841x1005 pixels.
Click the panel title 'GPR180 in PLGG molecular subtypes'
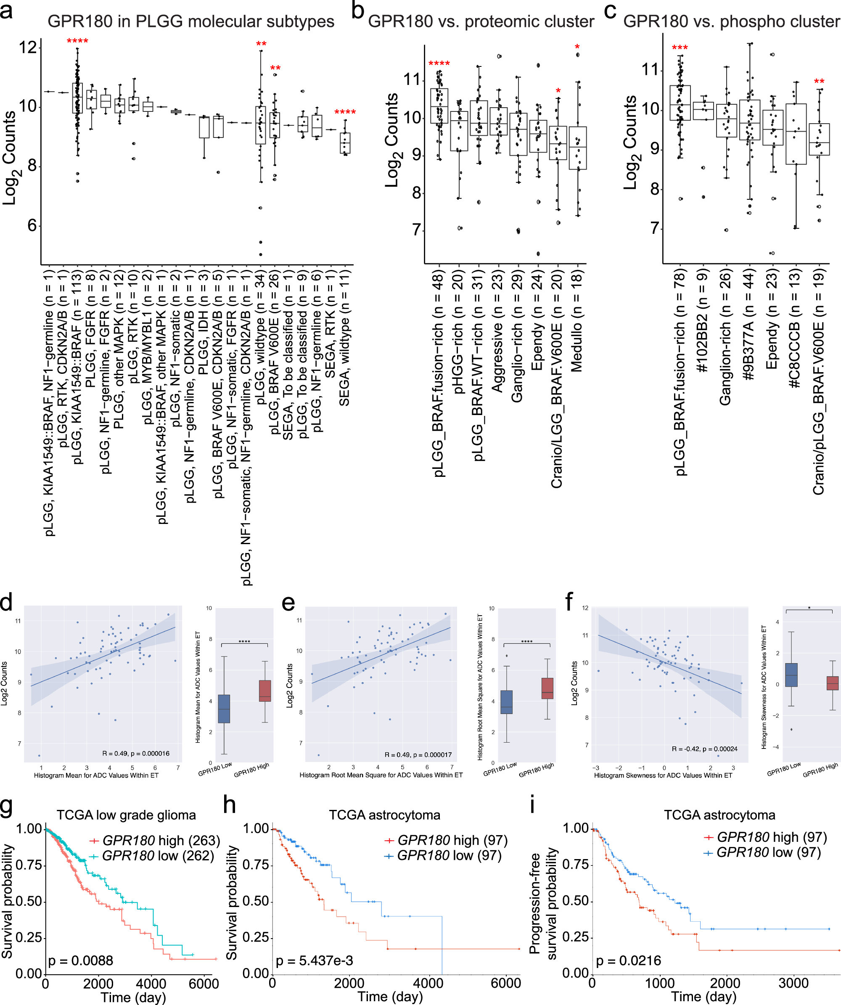point(190,21)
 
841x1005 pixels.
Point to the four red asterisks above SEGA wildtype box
point(345,112)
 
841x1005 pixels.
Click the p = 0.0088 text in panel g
point(80,960)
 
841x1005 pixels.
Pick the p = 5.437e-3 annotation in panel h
point(314,960)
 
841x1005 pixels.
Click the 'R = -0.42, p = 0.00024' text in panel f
point(704,748)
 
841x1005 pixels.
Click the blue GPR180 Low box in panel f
point(791,675)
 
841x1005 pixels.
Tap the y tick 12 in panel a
point(28,47)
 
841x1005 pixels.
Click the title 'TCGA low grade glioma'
point(127,815)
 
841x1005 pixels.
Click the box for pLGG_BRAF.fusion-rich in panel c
point(680,103)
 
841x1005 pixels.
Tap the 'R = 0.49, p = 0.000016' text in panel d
point(135,753)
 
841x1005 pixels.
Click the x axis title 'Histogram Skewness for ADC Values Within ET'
point(663,775)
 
